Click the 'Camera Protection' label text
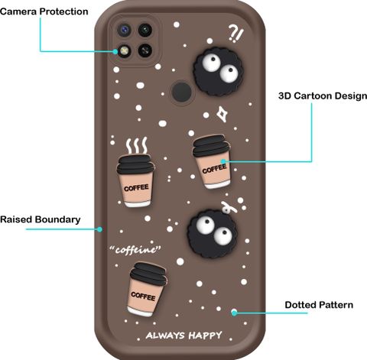tap(44, 11)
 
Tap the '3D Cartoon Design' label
tap(323, 96)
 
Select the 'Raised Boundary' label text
tap(41, 219)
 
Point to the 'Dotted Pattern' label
tap(319, 305)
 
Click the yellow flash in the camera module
tap(124, 50)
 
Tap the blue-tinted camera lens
tap(125, 30)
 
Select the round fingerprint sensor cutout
tap(181, 92)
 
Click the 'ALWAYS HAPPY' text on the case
tap(183, 336)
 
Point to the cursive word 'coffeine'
tap(135, 250)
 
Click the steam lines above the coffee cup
tap(137, 145)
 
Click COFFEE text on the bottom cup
tap(143, 296)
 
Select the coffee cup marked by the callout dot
tap(212, 162)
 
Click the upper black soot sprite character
tap(217, 72)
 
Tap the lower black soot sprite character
tap(213, 234)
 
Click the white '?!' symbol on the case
tap(235, 33)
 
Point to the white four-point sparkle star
tap(222, 114)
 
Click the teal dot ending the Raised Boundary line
tap(100, 229)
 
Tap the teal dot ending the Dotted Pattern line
tap(234, 313)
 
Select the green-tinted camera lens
tap(145, 30)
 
